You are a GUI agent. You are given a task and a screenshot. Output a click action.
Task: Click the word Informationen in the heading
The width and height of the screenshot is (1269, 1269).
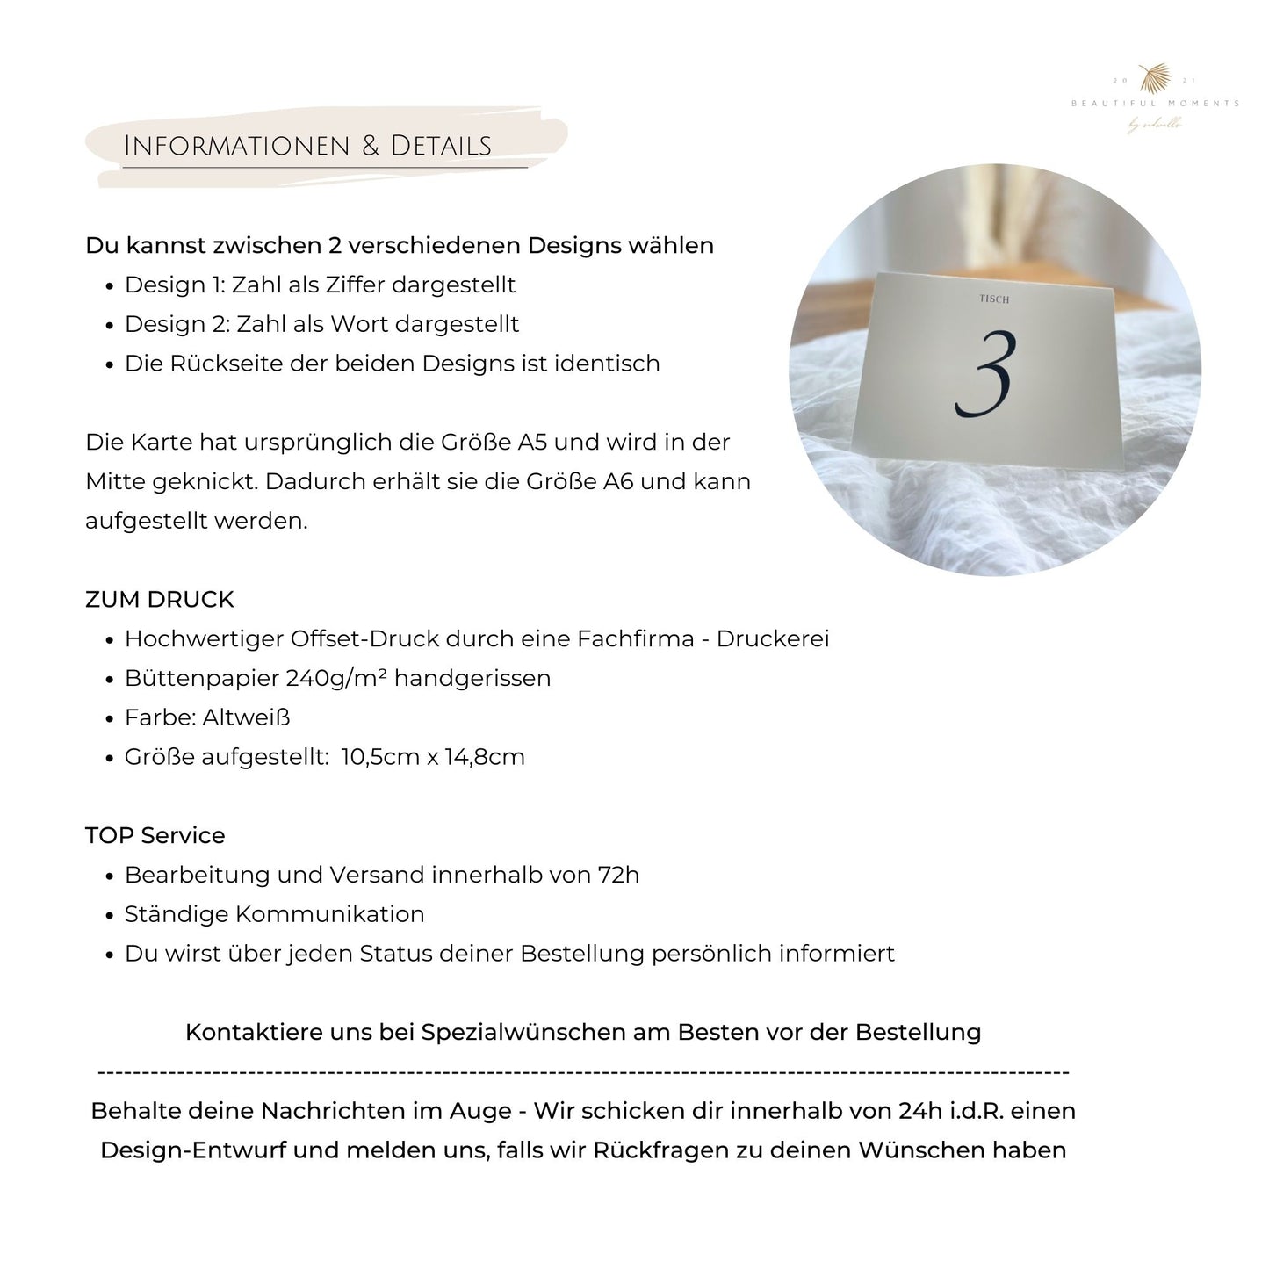click(237, 146)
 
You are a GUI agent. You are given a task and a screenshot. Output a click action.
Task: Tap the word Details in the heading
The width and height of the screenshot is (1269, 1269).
click(441, 146)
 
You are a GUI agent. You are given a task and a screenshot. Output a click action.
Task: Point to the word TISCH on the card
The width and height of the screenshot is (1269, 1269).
click(994, 299)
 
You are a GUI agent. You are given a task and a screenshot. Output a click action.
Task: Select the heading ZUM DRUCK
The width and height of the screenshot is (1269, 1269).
click(160, 600)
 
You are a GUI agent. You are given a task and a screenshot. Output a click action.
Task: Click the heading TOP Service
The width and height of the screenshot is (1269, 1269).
click(155, 835)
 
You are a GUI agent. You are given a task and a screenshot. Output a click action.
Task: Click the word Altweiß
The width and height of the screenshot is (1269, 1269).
click(246, 717)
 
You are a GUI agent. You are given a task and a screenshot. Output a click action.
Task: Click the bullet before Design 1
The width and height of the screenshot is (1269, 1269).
click(109, 286)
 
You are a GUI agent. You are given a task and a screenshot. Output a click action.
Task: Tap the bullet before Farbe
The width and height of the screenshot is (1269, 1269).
click(109, 719)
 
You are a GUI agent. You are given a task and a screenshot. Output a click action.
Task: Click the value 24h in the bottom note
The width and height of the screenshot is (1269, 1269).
click(919, 1111)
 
